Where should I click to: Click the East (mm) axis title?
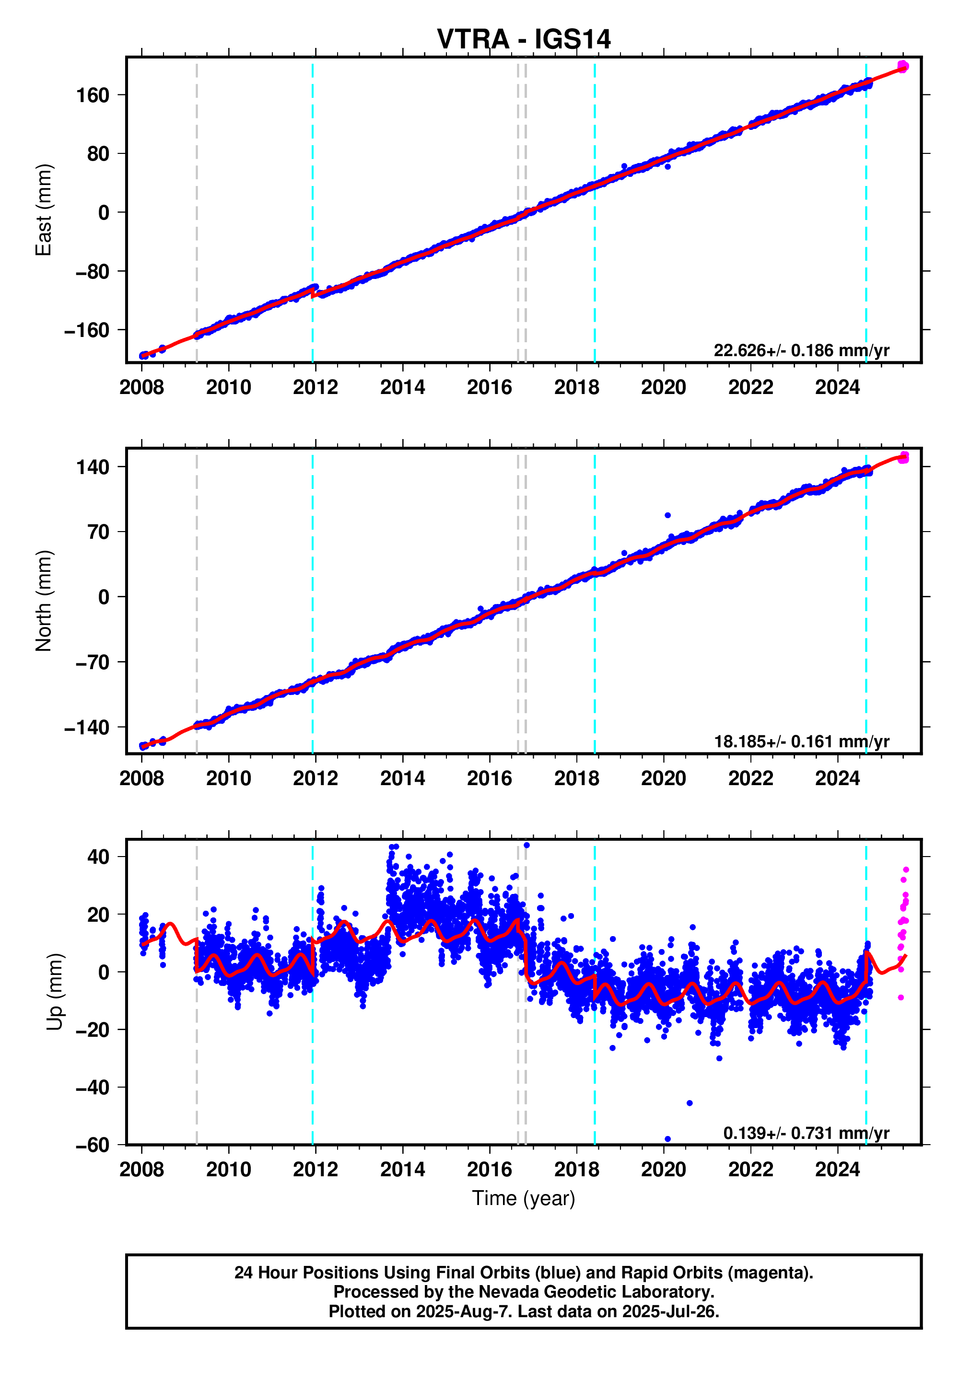[x=44, y=210]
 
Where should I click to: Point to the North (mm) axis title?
[x=44, y=601]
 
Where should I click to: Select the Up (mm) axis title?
[x=55, y=992]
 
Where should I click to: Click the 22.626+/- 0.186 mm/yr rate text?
[x=801, y=350]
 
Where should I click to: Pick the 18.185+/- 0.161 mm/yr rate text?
[x=801, y=742]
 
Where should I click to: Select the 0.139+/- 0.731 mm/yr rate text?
[x=806, y=1133]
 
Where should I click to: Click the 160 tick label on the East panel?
[x=93, y=95]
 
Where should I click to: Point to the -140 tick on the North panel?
[x=87, y=727]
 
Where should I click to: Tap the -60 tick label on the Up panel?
[x=93, y=1145]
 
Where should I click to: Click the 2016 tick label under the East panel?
[x=489, y=387]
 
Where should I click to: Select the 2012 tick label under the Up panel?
[x=316, y=1170]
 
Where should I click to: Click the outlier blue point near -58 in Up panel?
[x=667, y=1139]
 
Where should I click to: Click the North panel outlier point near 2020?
[x=667, y=515]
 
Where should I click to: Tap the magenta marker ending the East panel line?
[x=902, y=66]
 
